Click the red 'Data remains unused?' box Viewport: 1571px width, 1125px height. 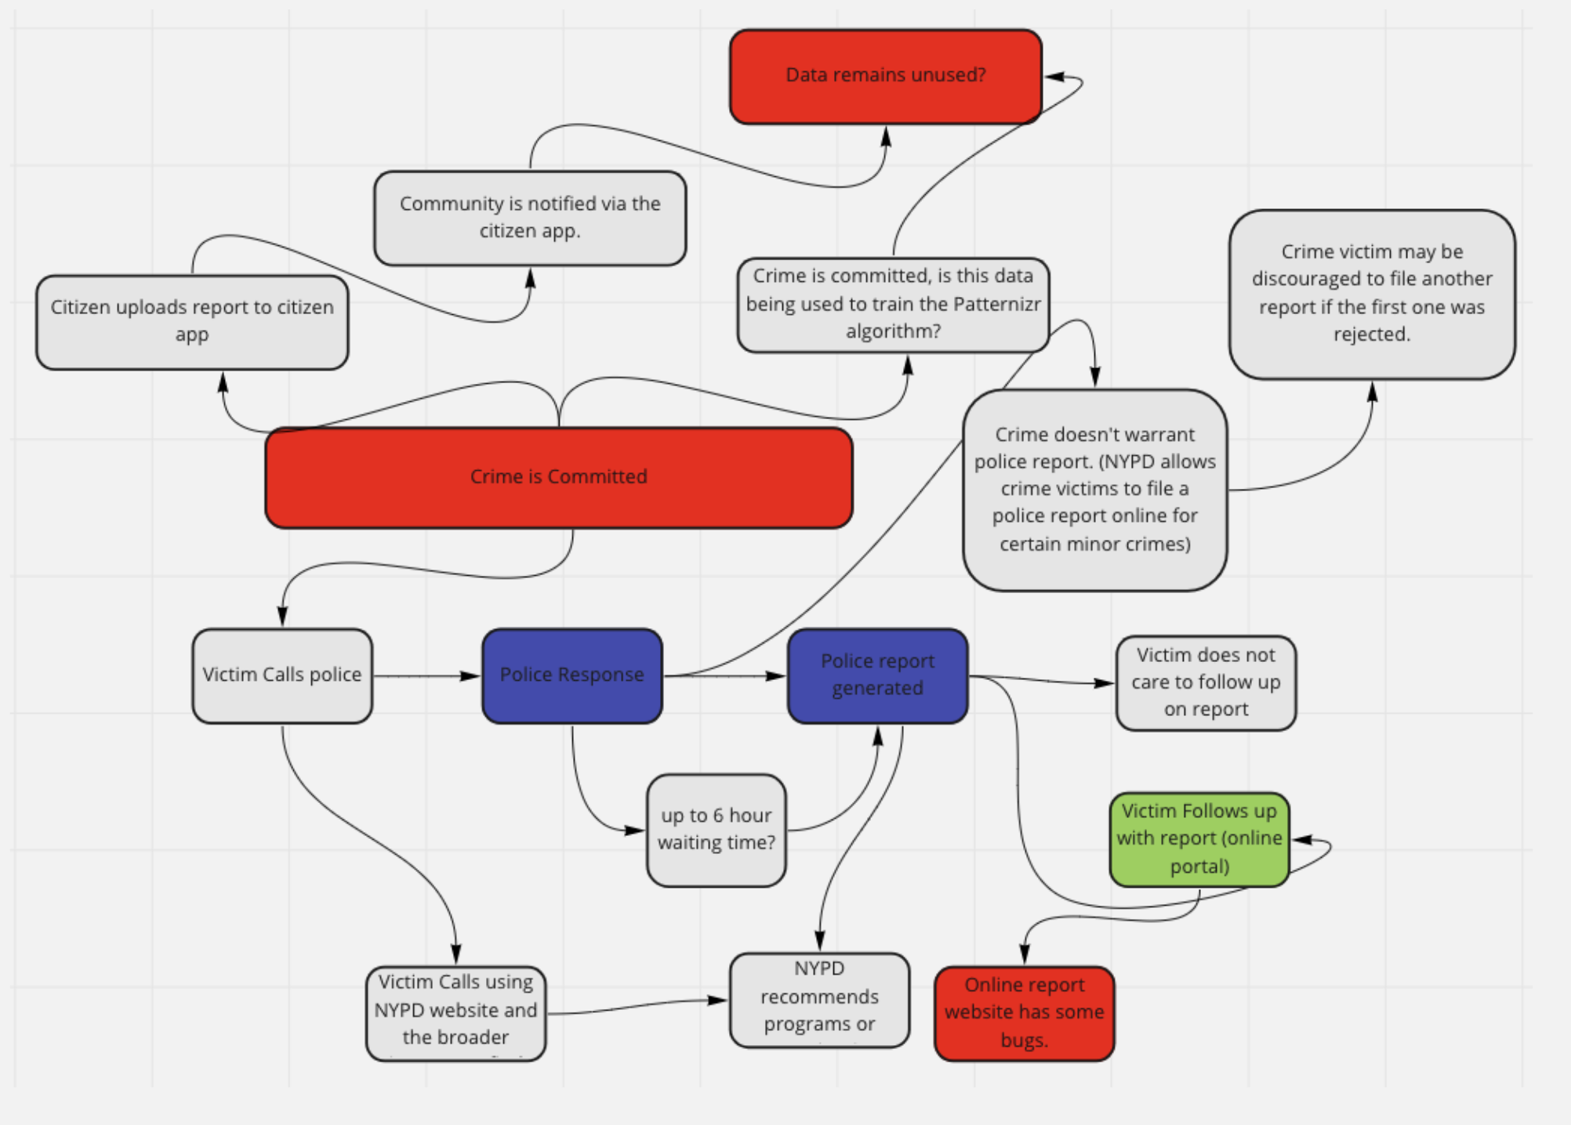[x=885, y=76]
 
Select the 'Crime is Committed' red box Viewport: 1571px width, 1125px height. [x=558, y=477]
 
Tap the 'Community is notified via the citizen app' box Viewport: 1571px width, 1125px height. [x=530, y=218]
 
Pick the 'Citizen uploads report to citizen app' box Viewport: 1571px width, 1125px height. [x=192, y=321]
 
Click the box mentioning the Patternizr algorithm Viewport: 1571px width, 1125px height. [x=893, y=304]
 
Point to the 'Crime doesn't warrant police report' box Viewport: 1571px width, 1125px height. [x=1094, y=490]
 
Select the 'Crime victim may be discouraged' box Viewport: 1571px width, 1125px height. [x=1371, y=294]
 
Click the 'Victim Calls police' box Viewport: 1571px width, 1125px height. [x=282, y=675]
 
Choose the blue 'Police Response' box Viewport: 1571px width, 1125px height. [x=571, y=675]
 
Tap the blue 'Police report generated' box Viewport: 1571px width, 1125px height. [x=877, y=675]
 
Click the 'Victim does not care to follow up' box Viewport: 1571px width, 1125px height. [x=1206, y=682]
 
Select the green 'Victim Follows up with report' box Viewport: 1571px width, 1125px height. [x=1199, y=839]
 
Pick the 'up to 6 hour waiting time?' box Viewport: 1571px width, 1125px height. [x=716, y=830]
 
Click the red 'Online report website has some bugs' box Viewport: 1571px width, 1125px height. [x=1024, y=1013]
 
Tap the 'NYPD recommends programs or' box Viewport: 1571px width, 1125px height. [x=819, y=1000]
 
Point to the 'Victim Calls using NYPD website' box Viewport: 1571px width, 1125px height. [x=455, y=1012]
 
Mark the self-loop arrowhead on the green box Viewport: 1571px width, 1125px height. [x=1301, y=840]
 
